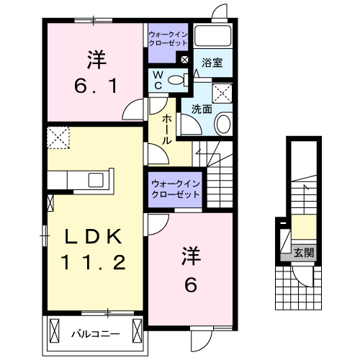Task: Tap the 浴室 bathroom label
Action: (x=212, y=63)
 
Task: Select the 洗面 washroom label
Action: (x=202, y=109)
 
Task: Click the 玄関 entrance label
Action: (x=304, y=253)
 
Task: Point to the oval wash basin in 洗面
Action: (x=223, y=124)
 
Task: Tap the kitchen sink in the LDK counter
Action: (x=95, y=179)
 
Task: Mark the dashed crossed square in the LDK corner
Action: (x=57, y=136)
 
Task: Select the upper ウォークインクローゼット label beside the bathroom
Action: (x=168, y=38)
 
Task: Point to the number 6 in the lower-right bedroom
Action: (x=191, y=285)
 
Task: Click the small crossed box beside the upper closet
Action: (x=185, y=60)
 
